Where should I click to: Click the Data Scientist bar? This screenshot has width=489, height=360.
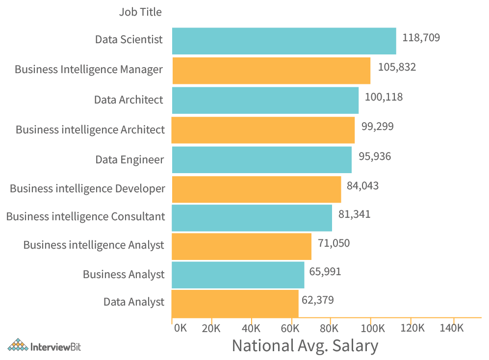[284, 41]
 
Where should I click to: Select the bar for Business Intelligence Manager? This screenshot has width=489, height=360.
[271, 71]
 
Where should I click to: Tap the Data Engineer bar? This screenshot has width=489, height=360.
[262, 159]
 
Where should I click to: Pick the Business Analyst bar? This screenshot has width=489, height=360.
[238, 275]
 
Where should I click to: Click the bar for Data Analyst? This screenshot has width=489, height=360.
[235, 304]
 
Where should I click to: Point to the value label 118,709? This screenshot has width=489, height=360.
[421, 37]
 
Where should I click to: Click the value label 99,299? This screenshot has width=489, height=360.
[377, 127]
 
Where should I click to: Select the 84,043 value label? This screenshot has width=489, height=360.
[362, 185]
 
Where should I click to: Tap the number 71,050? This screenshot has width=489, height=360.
[334, 243]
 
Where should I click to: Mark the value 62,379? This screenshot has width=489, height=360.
[317, 300]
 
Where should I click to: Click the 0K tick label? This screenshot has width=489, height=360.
[180, 328]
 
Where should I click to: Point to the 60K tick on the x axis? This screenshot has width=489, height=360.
[291, 328]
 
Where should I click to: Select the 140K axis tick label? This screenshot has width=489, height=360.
[451, 328]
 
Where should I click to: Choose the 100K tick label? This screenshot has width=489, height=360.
[371, 328]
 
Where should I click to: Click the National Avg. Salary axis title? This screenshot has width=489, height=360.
[305, 346]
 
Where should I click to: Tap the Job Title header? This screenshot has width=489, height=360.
[140, 12]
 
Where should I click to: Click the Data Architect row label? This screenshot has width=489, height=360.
[129, 100]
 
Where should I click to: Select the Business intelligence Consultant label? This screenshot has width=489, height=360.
[85, 216]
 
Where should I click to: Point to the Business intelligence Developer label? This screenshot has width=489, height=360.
[87, 188]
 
